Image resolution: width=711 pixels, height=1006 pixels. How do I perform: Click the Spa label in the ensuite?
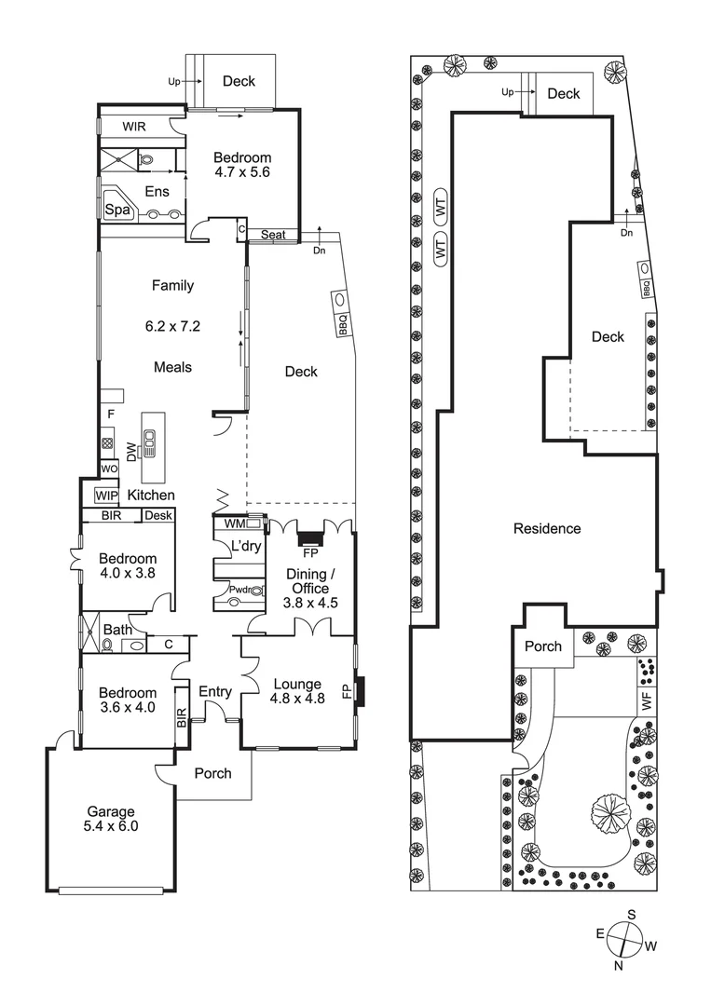116,210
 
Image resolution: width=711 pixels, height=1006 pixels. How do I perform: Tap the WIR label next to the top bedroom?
134,127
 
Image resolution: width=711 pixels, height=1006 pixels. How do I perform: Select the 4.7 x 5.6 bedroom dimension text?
241,171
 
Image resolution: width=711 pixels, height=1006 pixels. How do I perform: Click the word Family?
172,286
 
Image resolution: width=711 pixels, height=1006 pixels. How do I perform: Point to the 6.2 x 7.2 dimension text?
172,327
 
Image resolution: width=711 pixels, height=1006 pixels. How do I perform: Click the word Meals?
172,367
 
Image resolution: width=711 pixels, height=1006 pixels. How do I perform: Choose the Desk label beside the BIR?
157,515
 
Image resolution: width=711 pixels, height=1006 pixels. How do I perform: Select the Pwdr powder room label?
226,590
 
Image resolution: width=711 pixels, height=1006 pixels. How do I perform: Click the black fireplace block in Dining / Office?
308,538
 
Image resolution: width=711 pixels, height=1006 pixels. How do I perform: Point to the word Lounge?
297,684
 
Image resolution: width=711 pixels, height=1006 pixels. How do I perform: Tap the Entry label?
215,690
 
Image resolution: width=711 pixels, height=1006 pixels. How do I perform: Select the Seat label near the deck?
273,235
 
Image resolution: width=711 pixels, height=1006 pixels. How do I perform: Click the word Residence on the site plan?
547,528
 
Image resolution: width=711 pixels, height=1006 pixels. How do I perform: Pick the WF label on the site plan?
645,696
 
